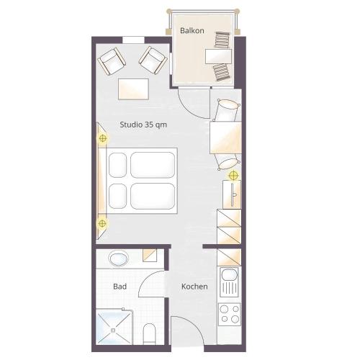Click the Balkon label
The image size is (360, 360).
point(192,30)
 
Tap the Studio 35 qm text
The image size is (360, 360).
point(143,125)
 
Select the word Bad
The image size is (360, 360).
point(120,287)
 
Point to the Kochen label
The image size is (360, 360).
point(194,287)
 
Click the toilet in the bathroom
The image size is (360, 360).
point(149,333)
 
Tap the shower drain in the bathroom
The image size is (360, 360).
point(113,330)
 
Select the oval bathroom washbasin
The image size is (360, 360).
point(118,258)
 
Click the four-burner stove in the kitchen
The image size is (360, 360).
point(230,314)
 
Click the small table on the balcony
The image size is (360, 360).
point(218,56)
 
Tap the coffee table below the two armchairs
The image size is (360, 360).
point(133,89)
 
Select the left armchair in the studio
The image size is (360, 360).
point(112,61)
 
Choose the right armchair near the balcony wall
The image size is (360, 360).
point(153,60)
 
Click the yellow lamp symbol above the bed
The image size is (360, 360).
point(103,138)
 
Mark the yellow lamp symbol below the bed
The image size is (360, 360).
point(102,223)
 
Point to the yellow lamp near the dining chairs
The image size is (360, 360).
point(233,176)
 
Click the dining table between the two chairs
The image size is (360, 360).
point(225,138)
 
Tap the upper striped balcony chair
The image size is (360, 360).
point(222,40)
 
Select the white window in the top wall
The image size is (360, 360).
point(133,40)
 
